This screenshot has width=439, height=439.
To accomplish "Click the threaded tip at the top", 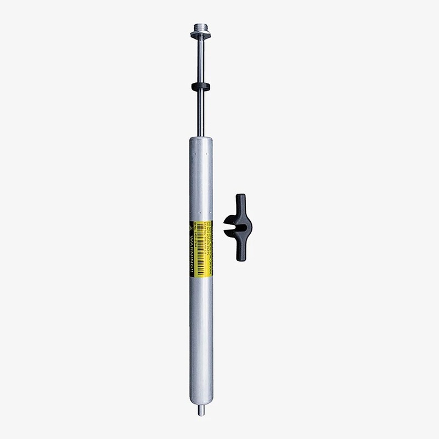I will [x=201, y=26].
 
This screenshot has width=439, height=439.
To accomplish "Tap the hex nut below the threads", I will [x=201, y=35].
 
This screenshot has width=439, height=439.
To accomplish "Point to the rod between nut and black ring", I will [x=201, y=60].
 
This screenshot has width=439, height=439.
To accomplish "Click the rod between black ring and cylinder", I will [x=201, y=112].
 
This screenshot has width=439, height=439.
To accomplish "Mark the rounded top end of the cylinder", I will [x=201, y=140].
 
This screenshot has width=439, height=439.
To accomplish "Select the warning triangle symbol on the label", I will [x=193, y=227].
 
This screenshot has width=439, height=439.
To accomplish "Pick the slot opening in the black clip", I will [x=230, y=227].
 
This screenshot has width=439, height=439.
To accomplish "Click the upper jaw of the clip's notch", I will [x=230, y=219].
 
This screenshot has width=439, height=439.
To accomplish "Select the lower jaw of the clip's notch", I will [x=230, y=234].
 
